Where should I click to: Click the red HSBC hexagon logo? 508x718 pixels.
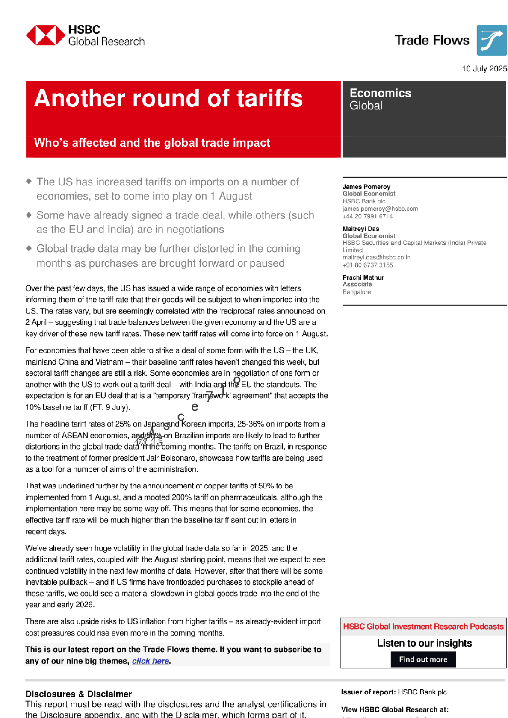click(x=46, y=35)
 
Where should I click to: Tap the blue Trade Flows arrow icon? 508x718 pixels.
click(x=491, y=40)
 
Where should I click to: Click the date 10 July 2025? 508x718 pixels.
click(x=484, y=69)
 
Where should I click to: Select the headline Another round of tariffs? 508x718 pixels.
click(x=168, y=98)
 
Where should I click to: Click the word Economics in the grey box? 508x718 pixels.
click(x=380, y=93)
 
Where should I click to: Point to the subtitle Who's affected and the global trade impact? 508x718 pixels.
click(x=152, y=143)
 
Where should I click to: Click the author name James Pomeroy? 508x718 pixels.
click(x=366, y=187)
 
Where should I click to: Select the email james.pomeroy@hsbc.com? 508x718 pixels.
click(x=380, y=209)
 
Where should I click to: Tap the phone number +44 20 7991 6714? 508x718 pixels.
click(x=367, y=216)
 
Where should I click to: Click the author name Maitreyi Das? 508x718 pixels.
click(x=360, y=229)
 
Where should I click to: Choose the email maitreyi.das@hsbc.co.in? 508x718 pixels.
click(x=376, y=257)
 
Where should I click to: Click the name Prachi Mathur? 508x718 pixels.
click(x=363, y=277)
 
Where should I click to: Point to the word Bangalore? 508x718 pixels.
click(x=356, y=292)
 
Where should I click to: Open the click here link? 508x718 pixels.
click(x=150, y=661)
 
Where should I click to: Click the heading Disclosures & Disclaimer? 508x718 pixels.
click(x=78, y=694)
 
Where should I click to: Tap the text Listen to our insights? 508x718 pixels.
click(x=424, y=643)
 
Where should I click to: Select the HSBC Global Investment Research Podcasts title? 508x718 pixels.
click(x=423, y=627)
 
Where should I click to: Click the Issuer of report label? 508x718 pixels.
click(x=368, y=692)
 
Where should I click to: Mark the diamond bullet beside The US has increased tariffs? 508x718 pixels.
click(x=29, y=181)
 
